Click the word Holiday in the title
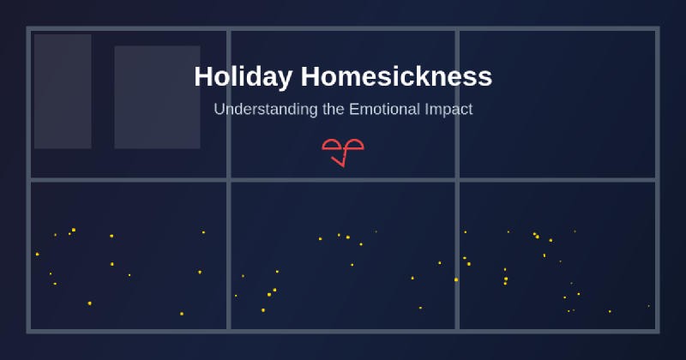click(243, 77)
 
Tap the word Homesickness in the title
click(396, 77)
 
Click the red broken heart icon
click(343, 151)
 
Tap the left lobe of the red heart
click(332, 145)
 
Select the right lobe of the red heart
click(353, 145)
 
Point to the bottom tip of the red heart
click(342, 165)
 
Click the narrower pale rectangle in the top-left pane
click(63, 92)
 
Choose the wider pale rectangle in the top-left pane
click(157, 97)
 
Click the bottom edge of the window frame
click(343, 331)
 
